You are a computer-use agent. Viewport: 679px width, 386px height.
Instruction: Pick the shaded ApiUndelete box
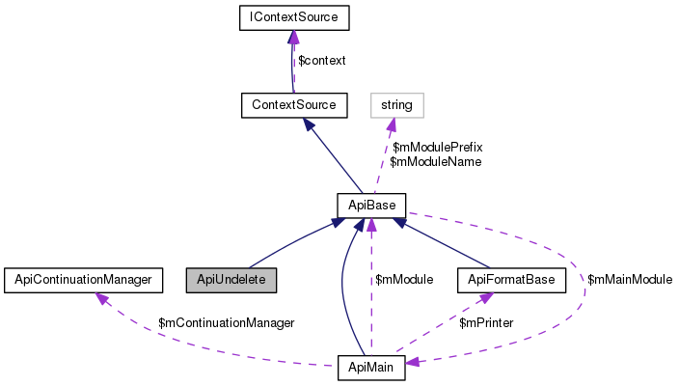click(231, 280)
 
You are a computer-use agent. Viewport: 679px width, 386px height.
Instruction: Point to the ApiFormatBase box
click(510, 280)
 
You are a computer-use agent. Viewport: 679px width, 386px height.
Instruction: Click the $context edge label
click(321, 60)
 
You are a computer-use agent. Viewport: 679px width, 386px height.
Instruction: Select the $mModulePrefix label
click(437, 147)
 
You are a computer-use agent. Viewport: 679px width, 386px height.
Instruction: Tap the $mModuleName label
click(435, 161)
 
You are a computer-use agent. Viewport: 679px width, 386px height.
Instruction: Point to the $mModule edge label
click(404, 279)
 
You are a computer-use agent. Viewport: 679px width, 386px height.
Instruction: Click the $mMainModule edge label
click(630, 279)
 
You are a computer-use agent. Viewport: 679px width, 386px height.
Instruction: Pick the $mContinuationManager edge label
click(226, 322)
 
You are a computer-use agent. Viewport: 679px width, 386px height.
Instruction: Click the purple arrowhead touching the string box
click(392, 123)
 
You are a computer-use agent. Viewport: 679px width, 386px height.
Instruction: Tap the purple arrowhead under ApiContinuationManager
click(101, 298)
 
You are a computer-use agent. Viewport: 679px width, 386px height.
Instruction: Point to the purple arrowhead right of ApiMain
click(413, 363)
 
